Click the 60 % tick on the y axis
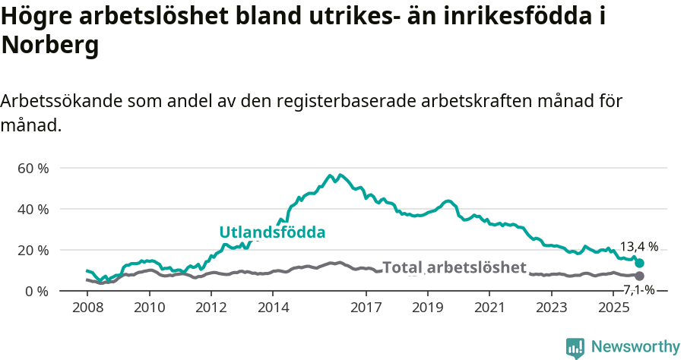click(x=32, y=168)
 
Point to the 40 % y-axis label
click(x=32, y=209)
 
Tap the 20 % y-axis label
click(x=32, y=250)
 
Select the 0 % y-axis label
click(x=36, y=291)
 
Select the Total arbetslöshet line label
click(x=454, y=267)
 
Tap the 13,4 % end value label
click(x=639, y=247)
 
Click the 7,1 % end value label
click(x=639, y=289)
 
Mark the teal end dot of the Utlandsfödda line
click(x=639, y=263)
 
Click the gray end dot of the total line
click(x=639, y=276)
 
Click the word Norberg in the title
click(x=50, y=46)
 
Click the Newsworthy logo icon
click(x=575, y=347)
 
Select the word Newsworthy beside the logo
click(x=635, y=347)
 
